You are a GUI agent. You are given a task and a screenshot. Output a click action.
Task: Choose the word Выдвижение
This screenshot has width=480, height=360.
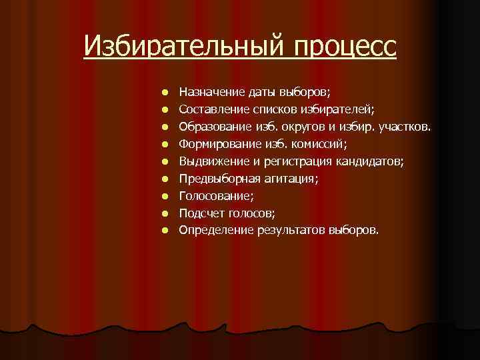pyautogui.click(x=211, y=161)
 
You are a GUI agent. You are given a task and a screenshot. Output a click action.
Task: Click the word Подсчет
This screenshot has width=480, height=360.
pyautogui.click(x=202, y=213)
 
